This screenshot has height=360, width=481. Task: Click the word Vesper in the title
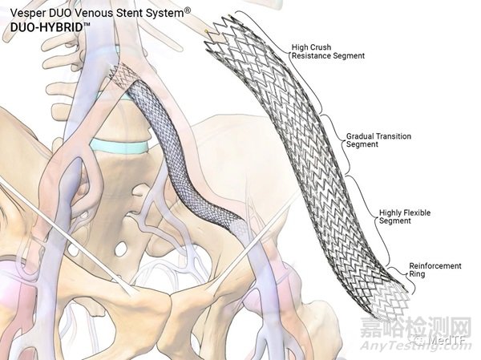click(26, 13)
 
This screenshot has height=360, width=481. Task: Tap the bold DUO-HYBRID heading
click(43, 26)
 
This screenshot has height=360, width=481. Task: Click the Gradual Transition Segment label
click(378, 140)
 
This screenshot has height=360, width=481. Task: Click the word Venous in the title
click(100, 13)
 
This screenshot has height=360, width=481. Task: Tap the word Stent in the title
click(142, 13)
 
